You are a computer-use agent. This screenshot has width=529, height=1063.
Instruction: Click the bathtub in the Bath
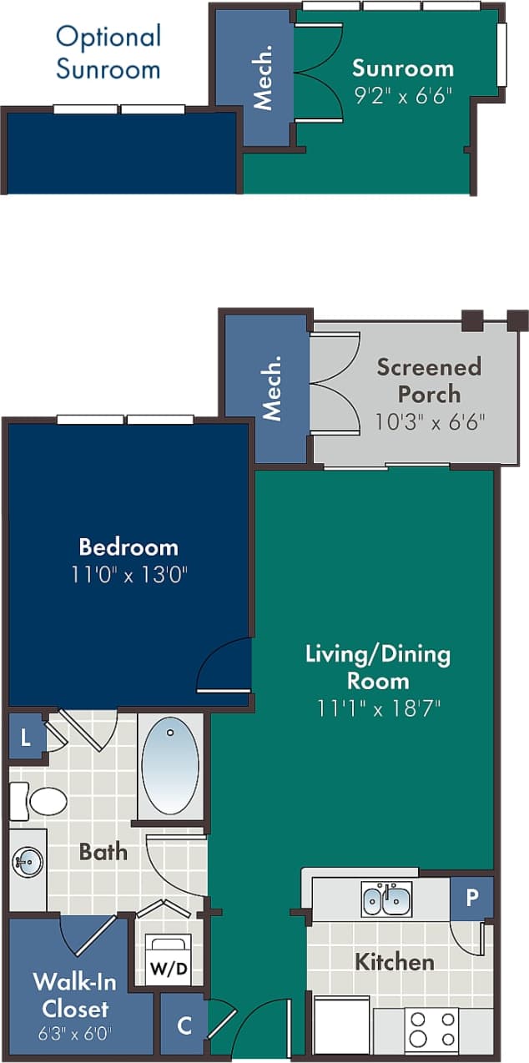[x=171, y=764]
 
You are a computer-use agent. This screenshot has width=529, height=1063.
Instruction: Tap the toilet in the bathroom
[x=39, y=801]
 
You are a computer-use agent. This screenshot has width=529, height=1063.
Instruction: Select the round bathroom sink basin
[x=28, y=861]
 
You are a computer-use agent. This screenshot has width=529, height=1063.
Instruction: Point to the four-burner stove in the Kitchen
[x=431, y=1029]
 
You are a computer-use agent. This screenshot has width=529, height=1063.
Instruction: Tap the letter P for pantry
[x=472, y=898]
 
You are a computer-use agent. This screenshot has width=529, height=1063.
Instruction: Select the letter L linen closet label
[x=26, y=738]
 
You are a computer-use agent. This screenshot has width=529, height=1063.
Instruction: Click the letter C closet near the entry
[x=184, y=1025]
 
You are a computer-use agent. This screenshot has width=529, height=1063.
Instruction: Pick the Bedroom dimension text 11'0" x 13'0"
[x=128, y=575]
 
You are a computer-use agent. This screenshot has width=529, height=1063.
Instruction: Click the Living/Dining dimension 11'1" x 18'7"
[x=378, y=708]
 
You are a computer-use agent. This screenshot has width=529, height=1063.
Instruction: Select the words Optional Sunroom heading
[x=108, y=52]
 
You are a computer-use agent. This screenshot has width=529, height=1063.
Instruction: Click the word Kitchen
[x=394, y=962]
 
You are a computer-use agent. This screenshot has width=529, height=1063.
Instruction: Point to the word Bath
[x=103, y=851]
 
